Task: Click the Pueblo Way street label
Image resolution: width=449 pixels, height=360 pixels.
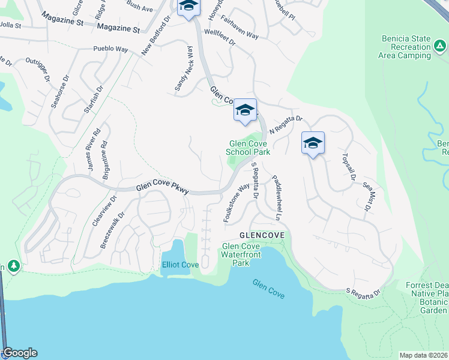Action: point(110,50)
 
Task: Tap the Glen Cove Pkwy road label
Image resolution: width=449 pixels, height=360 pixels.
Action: point(162,188)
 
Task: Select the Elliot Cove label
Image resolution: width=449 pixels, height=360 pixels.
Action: point(180,265)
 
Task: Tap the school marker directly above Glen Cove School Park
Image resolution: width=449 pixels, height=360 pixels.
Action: point(245,110)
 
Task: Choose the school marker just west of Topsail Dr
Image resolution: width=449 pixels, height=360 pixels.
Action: point(313,143)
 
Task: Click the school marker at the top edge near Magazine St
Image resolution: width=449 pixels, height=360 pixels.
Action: point(188,7)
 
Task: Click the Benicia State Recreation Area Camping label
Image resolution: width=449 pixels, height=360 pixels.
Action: point(406,47)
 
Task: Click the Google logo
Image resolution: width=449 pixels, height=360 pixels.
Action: point(19,353)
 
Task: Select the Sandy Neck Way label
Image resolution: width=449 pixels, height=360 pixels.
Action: point(184,70)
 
